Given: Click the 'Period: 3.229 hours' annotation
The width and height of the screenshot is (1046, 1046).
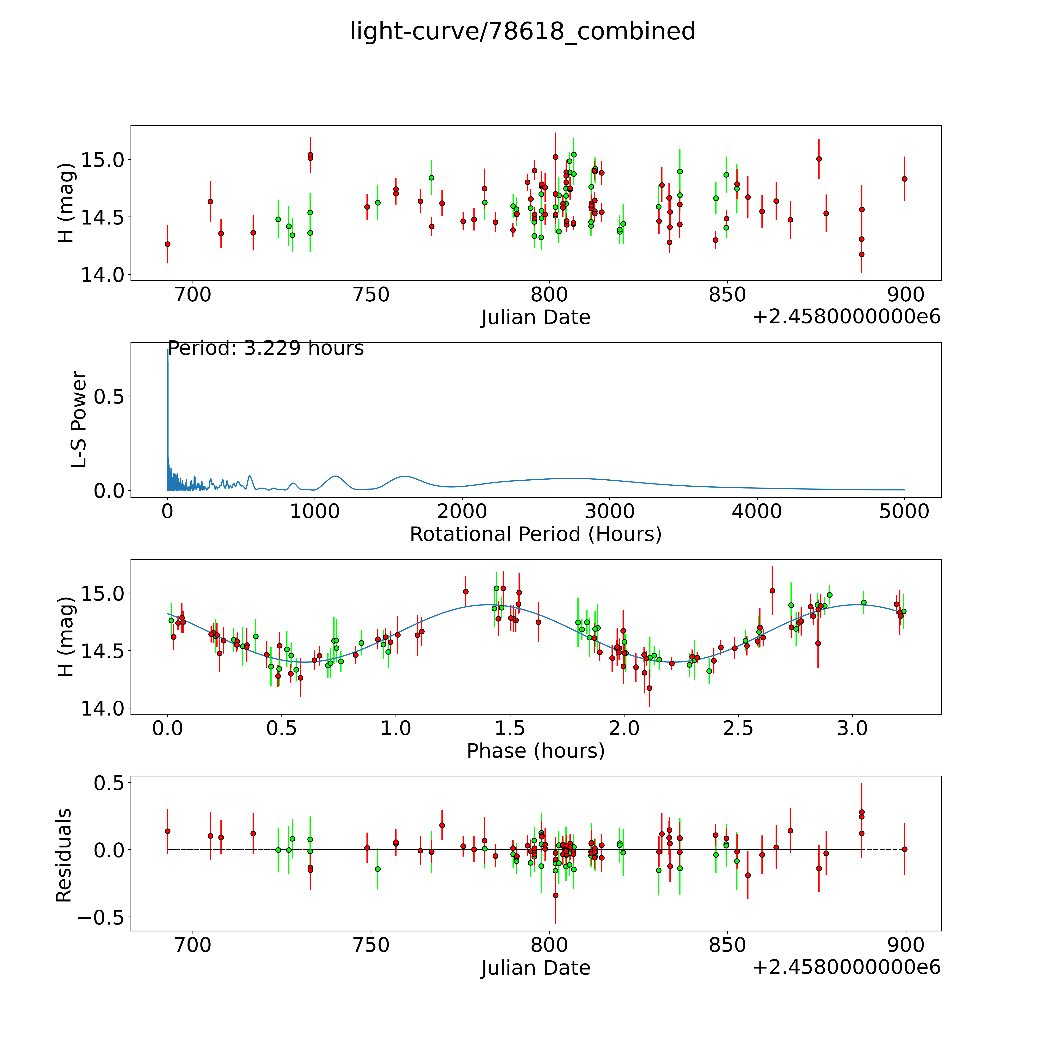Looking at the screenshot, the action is click(x=266, y=348).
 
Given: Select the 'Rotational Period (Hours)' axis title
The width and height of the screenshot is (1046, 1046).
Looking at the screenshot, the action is click(x=535, y=534).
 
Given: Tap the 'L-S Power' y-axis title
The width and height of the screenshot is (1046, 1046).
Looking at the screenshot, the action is click(x=79, y=420).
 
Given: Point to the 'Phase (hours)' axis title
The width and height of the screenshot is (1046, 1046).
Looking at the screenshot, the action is click(x=535, y=751).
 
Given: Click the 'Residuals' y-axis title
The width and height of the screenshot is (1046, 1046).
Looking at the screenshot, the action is click(x=64, y=855).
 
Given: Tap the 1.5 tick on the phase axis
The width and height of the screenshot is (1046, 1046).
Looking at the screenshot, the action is click(x=510, y=728).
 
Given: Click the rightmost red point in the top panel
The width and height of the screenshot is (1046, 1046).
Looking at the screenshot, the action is click(x=904, y=179).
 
